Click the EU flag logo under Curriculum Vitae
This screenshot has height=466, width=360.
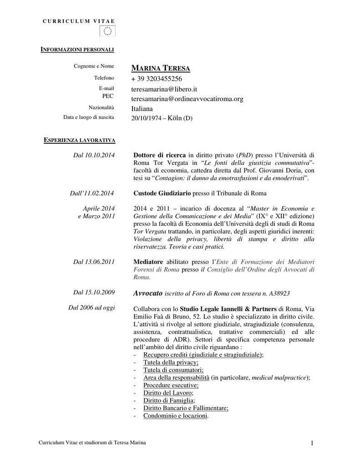coord(107,31)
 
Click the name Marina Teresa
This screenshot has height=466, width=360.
coord(160,69)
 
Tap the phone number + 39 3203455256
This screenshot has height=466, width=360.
coord(157,79)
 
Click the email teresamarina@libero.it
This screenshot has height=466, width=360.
coord(164,89)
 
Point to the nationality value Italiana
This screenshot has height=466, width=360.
coord(142,109)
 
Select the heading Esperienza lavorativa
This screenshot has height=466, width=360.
coord(79,140)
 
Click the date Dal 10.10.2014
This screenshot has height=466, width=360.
coord(94,155)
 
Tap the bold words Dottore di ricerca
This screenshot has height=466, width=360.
coord(160,155)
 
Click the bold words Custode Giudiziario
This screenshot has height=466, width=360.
coord(162,193)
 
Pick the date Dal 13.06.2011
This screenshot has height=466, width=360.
coord(94,261)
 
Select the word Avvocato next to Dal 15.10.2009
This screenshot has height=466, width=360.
coord(147,293)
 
